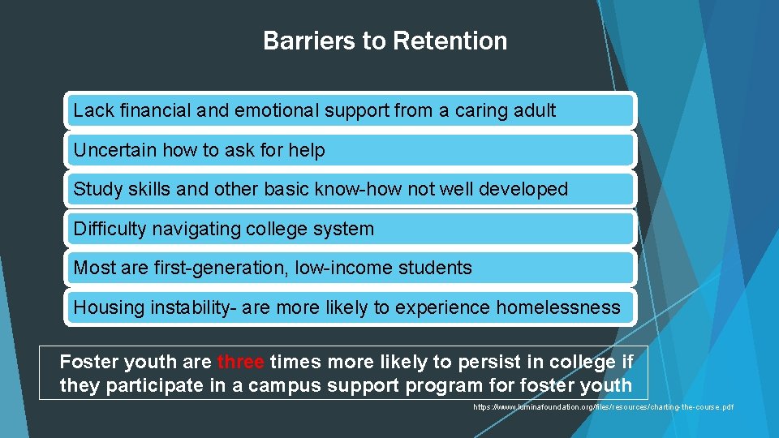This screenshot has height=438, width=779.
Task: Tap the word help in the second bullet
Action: point(306,150)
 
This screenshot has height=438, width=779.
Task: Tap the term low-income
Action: point(353,268)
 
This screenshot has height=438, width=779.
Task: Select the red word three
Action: point(241,362)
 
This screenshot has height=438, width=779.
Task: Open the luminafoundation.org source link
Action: point(603,406)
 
